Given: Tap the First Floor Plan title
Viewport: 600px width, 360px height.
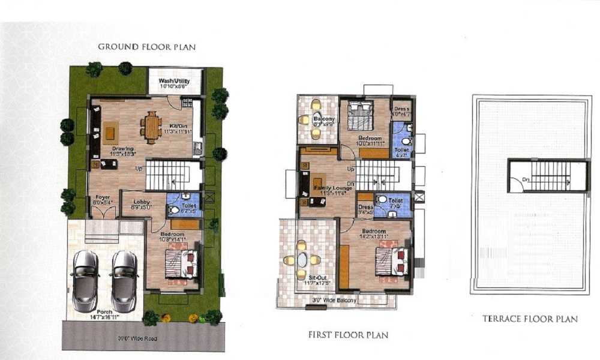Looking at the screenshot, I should tap(348, 335).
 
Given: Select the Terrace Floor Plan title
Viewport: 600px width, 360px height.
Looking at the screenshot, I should tap(530, 319).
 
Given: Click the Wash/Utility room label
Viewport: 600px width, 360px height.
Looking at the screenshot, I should tap(174, 81).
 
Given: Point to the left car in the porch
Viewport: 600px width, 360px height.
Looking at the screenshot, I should tap(85, 277).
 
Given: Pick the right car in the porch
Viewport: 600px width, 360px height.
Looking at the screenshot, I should tap(124, 277).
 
